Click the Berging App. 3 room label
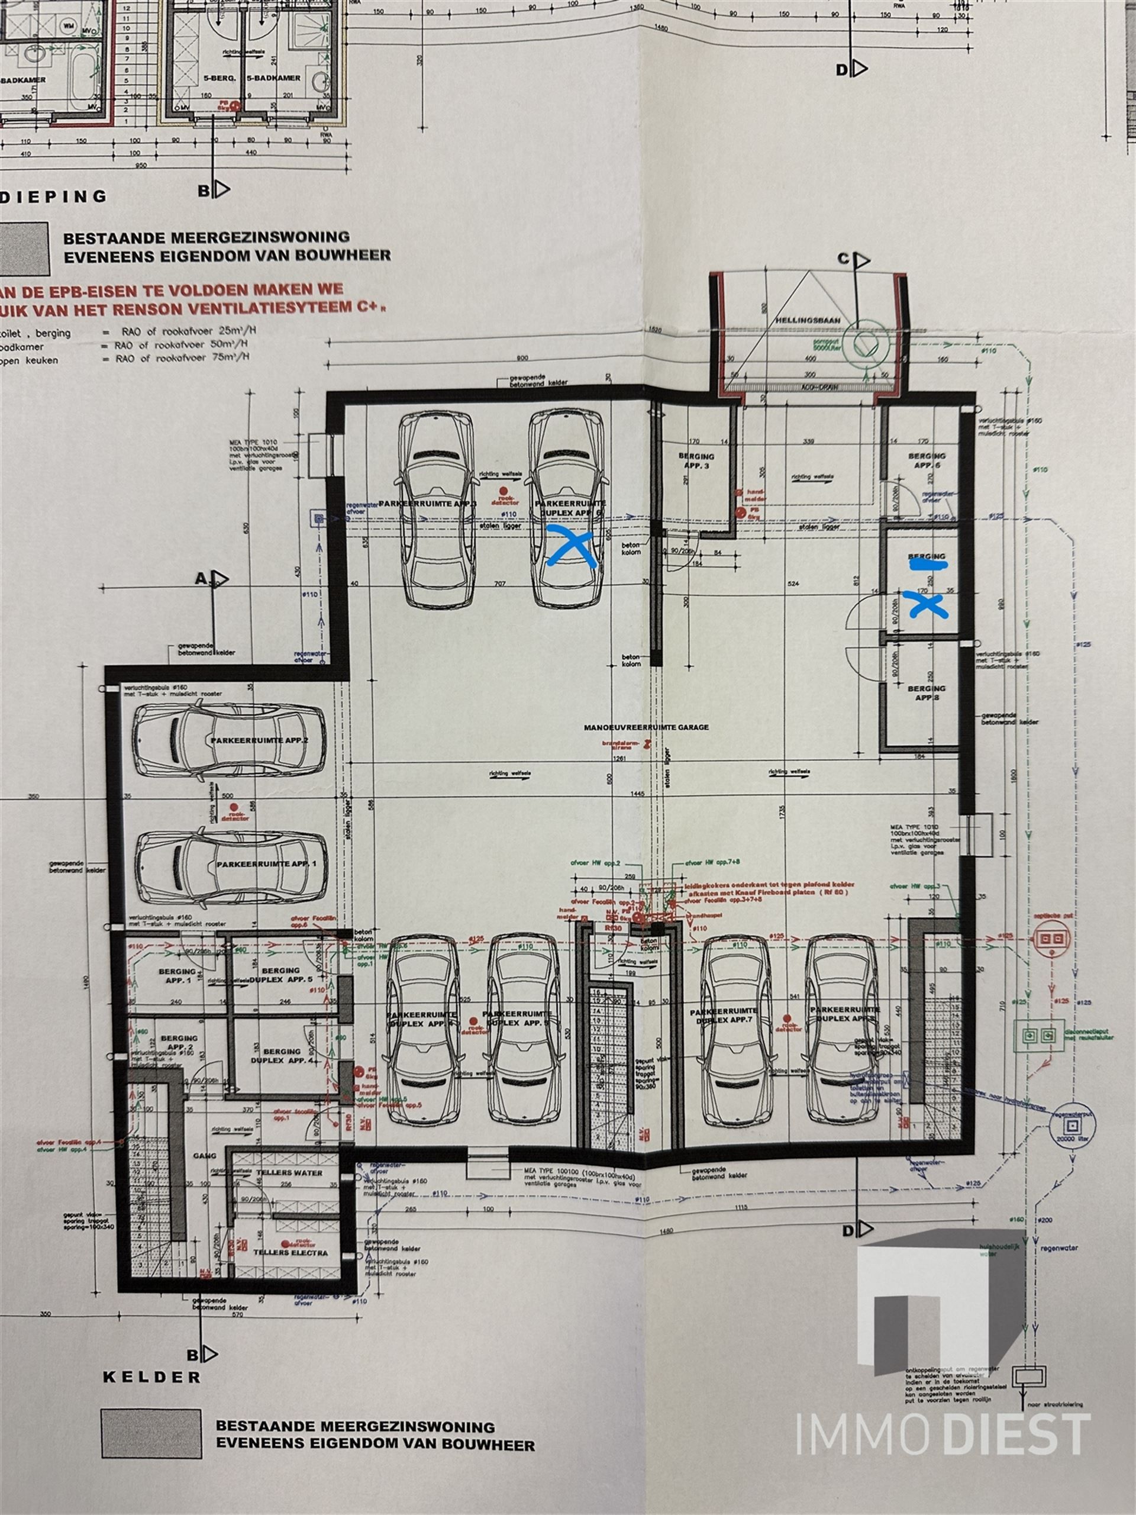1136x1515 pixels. (696, 460)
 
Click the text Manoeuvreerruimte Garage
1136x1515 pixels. (646, 727)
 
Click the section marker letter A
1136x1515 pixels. (201, 578)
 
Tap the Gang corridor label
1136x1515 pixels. (205, 1155)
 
